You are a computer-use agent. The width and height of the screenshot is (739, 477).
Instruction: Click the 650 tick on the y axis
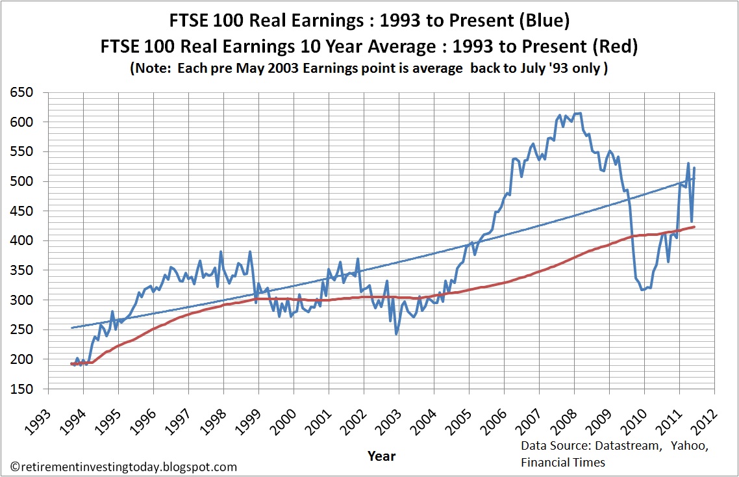26,92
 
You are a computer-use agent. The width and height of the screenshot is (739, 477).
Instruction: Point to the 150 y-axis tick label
26,389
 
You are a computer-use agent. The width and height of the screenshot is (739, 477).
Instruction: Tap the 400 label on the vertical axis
26,240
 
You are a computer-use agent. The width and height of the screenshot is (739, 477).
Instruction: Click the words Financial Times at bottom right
563,462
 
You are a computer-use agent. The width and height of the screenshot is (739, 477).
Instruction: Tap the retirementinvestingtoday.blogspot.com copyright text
124,467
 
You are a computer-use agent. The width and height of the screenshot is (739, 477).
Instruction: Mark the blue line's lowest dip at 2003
396,333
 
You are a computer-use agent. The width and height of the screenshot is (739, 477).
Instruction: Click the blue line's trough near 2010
642,289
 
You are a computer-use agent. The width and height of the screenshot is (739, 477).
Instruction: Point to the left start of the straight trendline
71,328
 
